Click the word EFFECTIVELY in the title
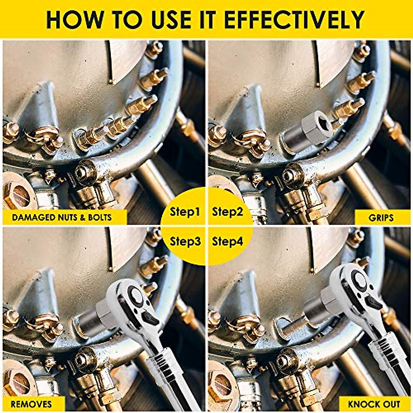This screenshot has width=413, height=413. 295,20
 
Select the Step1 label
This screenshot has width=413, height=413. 185,212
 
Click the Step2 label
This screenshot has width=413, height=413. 227,212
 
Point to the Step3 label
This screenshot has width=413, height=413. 185,241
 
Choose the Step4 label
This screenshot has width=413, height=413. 227,241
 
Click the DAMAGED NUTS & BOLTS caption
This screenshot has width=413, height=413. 62,218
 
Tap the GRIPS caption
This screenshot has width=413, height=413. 381,218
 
